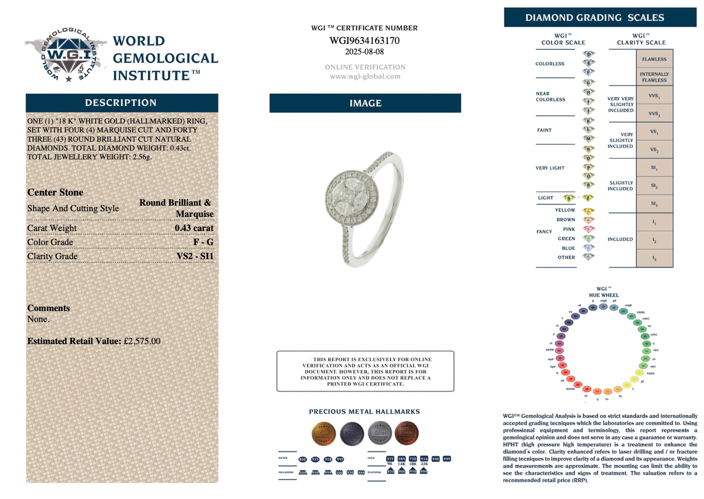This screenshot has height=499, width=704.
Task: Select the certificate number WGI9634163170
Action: point(364,41)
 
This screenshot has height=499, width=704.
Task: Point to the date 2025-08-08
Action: point(364,52)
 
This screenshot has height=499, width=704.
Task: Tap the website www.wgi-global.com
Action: point(365,76)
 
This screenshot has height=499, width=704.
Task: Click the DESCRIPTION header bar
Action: point(121,103)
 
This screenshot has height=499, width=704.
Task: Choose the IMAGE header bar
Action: point(365,103)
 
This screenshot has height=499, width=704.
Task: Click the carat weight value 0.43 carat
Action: point(194,228)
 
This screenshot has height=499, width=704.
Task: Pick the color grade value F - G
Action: point(203,242)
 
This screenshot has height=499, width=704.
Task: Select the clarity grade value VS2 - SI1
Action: point(195,256)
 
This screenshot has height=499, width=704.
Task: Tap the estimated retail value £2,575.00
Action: point(142,341)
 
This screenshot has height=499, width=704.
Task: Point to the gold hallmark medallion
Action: point(323,433)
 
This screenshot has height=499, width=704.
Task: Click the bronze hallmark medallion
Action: point(406,433)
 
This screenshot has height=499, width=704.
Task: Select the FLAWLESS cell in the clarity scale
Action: point(654,59)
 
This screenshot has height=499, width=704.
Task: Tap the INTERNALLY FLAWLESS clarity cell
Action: point(654,77)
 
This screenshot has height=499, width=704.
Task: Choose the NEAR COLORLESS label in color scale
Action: point(550,97)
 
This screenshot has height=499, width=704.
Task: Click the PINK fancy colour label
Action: point(569,229)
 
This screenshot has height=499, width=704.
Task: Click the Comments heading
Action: point(48,308)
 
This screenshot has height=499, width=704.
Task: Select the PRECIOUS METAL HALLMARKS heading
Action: point(364,412)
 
